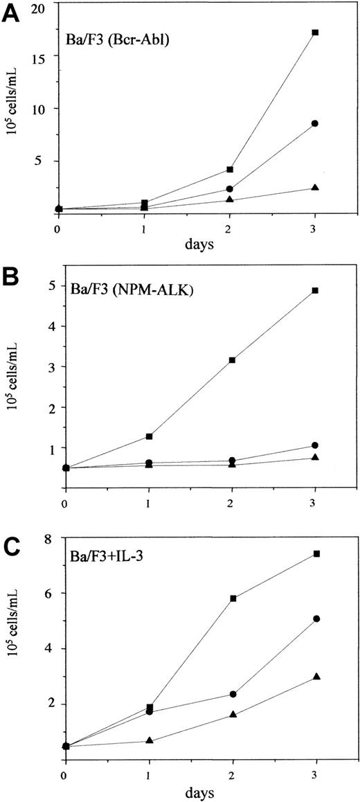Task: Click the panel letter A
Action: click(12, 12)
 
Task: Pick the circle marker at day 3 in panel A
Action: click(315, 123)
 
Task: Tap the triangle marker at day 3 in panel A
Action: click(315, 188)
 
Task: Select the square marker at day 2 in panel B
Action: click(232, 360)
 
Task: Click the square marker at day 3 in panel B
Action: click(315, 290)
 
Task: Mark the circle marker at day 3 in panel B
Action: click(315, 445)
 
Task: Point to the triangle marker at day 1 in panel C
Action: click(150, 741)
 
